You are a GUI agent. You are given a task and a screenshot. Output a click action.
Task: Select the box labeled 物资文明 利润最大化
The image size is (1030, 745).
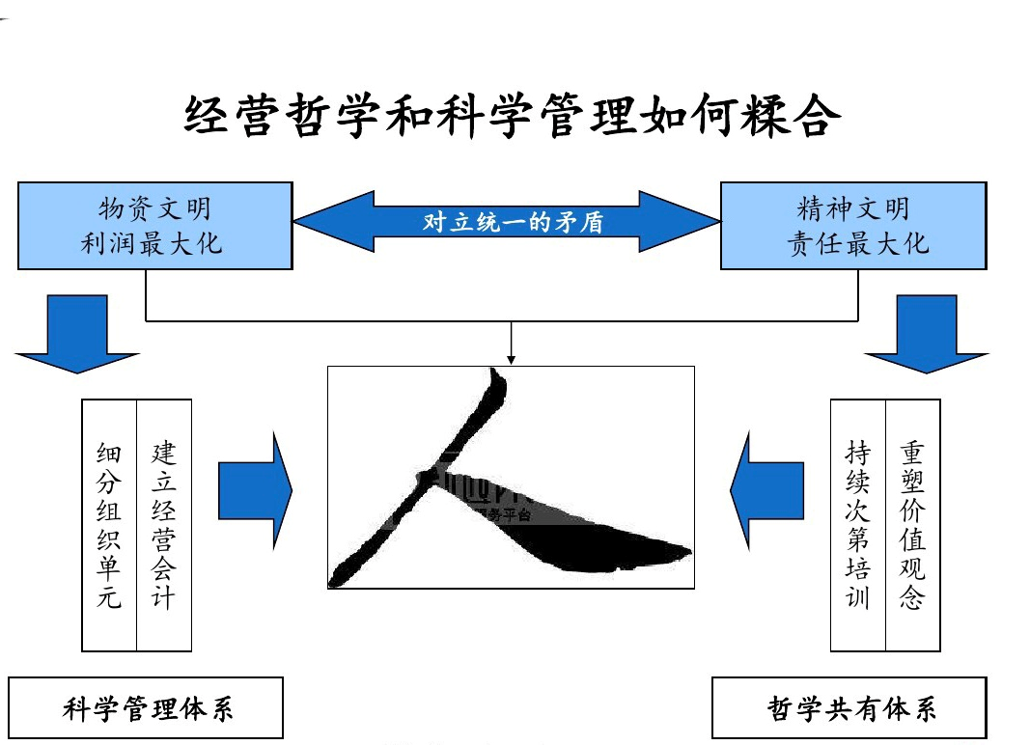coord(154,225)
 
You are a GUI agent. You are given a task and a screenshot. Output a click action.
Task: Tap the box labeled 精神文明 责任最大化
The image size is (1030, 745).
coord(853,225)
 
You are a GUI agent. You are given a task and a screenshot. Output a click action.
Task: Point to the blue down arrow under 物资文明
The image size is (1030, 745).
coord(77,333)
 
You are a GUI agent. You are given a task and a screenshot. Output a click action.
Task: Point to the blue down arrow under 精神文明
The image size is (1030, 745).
coord(926,333)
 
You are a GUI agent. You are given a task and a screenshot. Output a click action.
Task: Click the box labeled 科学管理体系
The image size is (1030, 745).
coord(147,708)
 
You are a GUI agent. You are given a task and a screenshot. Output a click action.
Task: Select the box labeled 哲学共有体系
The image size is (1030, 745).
coord(850,708)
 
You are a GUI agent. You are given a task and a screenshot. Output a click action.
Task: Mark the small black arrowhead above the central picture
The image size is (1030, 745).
coord(511,359)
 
